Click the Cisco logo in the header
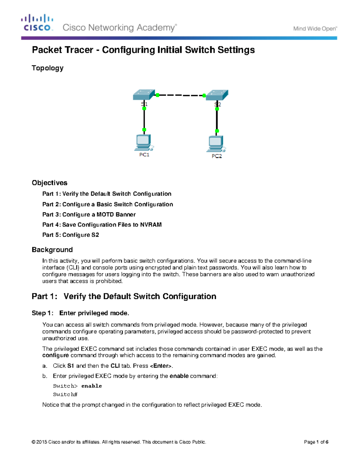(x=37, y=23)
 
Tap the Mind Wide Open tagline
(x=315, y=29)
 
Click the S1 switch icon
(x=144, y=95)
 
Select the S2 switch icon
(x=217, y=95)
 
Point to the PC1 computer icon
(x=144, y=143)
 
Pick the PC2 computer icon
(x=216, y=144)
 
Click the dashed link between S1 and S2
(x=181, y=95)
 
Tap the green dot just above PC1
(x=144, y=130)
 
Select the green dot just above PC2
(x=217, y=131)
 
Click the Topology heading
(x=47, y=68)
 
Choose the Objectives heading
(x=49, y=183)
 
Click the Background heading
(x=52, y=250)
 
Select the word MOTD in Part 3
(x=105, y=215)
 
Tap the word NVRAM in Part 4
(x=151, y=225)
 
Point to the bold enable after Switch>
(x=91, y=386)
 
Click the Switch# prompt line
(x=65, y=394)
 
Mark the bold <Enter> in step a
(x=161, y=366)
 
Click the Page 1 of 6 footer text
(x=316, y=442)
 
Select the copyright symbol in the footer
(x=33, y=442)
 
